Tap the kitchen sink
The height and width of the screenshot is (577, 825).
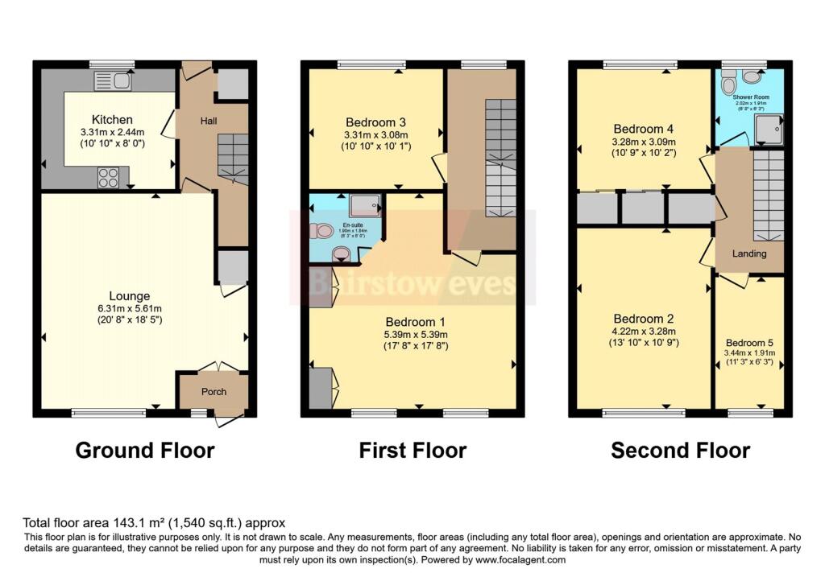pyautogui.click(x=112, y=80)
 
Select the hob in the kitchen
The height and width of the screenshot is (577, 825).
pyautogui.click(x=109, y=177)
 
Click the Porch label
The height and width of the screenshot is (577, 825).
pyautogui.click(x=214, y=392)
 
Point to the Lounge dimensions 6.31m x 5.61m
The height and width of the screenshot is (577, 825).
pyautogui.click(x=131, y=309)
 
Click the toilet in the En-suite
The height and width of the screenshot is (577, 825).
pyautogui.click(x=323, y=231)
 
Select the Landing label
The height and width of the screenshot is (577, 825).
pyautogui.click(x=748, y=253)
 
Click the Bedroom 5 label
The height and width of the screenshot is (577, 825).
pyautogui.click(x=749, y=341)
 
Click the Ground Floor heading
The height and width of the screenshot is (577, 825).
pyautogui.click(x=145, y=450)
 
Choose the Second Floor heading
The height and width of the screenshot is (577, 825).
pyautogui.click(x=680, y=450)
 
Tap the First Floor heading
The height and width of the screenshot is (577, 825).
pyautogui.click(x=412, y=450)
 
